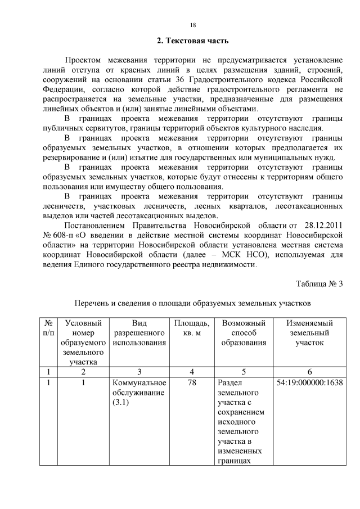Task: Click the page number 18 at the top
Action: click(x=192, y=25)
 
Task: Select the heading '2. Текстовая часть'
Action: click(x=192, y=41)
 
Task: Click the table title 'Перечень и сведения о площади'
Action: click(x=192, y=303)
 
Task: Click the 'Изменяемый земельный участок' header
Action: click(x=309, y=333)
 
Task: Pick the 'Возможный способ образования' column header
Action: click(x=244, y=333)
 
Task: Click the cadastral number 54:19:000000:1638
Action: click(x=310, y=382)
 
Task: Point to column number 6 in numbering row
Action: click(x=310, y=372)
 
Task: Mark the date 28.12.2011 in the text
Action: click(x=323, y=225)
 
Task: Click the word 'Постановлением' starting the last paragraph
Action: click(x=94, y=225)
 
